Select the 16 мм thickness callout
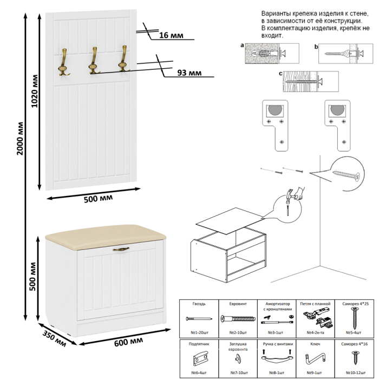(x=171, y=36)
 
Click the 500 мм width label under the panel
(x=99, y=199)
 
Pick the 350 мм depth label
(x=54, y=336)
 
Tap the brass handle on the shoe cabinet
(x=121, y=250)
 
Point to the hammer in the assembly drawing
(x=293, y=195)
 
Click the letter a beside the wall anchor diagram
(x=242, y=47)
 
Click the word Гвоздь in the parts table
(x=199, y=304)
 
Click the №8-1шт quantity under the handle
(x=277, y=373)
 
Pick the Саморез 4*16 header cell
(x=356, y=343)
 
